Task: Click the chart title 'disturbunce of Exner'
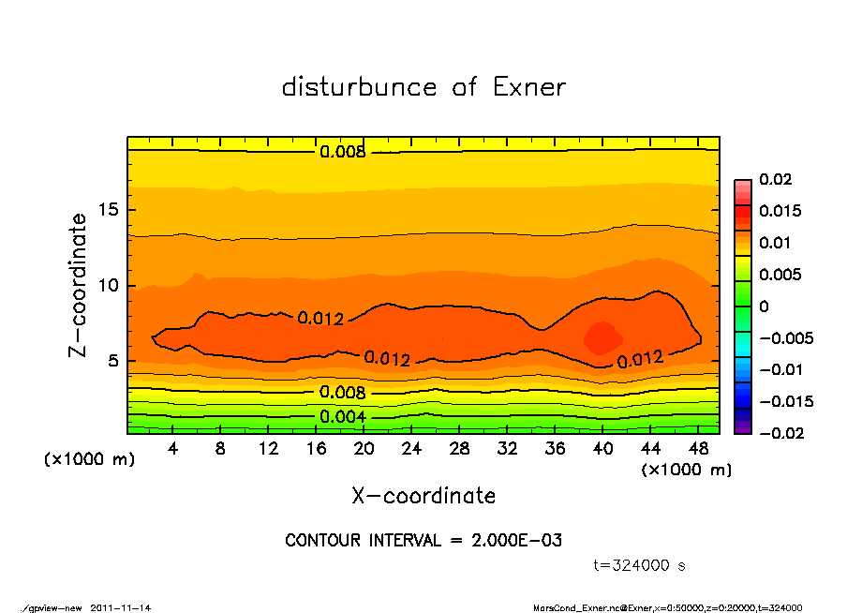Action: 423,87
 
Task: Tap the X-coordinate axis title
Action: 423,496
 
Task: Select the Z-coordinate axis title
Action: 79,285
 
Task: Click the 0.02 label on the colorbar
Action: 776,179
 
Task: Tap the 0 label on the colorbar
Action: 764,306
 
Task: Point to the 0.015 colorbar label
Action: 781,211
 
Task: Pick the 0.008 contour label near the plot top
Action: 343,152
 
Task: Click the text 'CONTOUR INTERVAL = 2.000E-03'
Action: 423,541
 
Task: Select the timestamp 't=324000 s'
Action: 640,565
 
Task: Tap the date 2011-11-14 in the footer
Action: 121,607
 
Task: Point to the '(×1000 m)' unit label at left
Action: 85,460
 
